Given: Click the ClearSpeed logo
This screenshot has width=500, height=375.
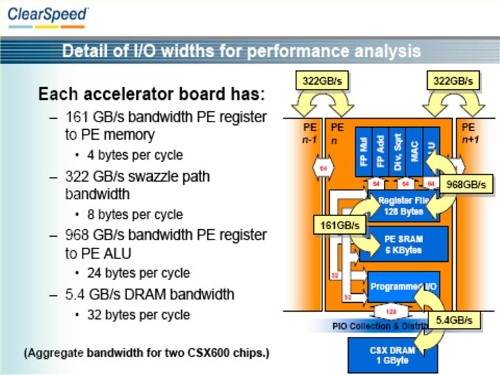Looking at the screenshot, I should (49, 15).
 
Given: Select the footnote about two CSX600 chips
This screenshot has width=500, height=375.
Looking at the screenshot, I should (147, 353).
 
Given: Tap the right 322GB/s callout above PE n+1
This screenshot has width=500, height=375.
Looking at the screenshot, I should (452, 81).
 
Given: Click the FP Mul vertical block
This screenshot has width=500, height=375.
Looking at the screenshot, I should (363, 152).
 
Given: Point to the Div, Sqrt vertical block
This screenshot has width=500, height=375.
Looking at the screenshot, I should (397, 152).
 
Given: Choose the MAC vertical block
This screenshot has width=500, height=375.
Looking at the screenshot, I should (415, 152).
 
